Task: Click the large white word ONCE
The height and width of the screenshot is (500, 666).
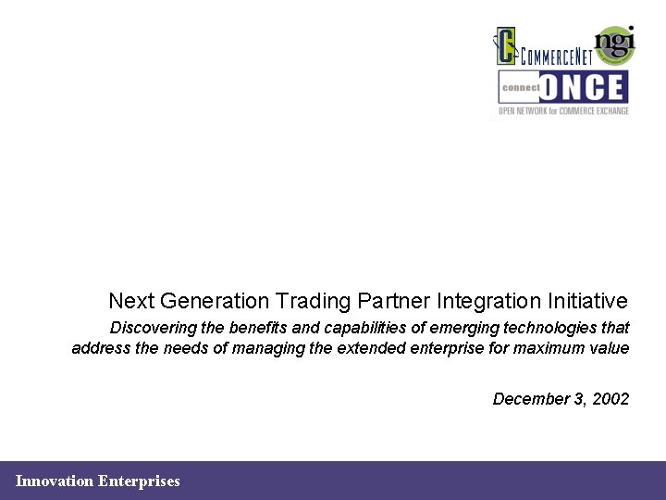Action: click(582, 88)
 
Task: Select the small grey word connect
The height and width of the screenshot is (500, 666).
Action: click(519, 88)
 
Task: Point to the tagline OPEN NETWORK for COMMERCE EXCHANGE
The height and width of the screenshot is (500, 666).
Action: click(563, 111)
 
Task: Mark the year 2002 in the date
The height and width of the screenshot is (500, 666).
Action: click(610, 399)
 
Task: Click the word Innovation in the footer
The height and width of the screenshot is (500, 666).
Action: click(55, 481)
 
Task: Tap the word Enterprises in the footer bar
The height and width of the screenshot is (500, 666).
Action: click(139, 481)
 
